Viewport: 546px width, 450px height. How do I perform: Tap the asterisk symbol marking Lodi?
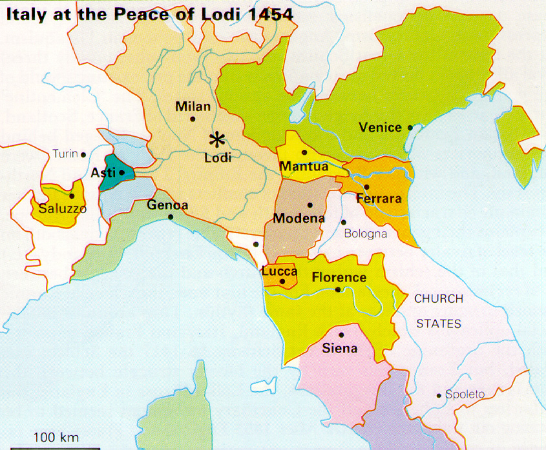[x=218, y=139]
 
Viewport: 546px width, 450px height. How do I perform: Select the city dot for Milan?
[x=193, y=119]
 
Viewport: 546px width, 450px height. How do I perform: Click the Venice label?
[x=380, y=128]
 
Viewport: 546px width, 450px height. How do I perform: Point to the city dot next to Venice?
[x=410, y=128]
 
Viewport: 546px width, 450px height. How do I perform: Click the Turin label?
[x=65, y=154]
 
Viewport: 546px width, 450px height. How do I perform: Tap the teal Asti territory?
[x=111, y=172]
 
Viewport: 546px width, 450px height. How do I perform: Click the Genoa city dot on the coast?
[x=171, y=217]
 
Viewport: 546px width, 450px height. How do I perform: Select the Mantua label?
[x=304, y=167]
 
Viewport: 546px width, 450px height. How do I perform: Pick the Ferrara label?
[x=379, y=199]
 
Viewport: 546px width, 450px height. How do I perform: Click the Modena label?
[x=299, y=219]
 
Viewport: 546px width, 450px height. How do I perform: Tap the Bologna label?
[x=365, y=234]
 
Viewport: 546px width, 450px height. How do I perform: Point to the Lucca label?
[x=279, y=272]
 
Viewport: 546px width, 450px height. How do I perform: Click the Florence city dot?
[x=338, y=290]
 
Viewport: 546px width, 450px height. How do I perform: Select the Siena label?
[x=339, y=349]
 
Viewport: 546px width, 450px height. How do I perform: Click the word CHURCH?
[x=438, y=299]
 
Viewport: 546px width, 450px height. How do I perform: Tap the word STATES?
[x=438, y=323]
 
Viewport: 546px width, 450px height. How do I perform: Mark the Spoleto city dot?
[x=439, y=395]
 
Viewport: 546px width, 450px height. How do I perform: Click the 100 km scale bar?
[x=56, y=445]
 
